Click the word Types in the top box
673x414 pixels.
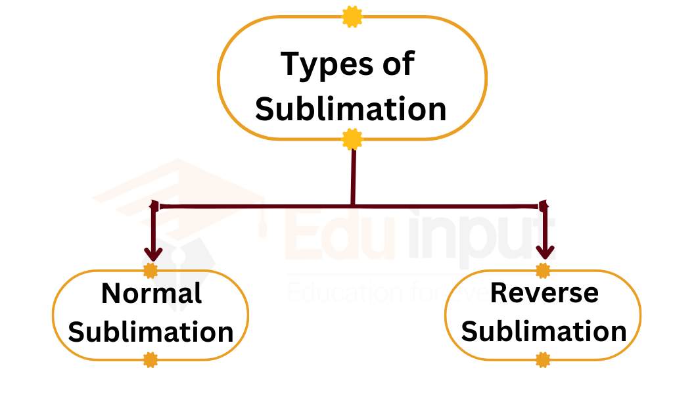[x=321, y=65]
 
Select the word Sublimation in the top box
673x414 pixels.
[x=351, y=108]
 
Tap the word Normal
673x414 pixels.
[x=151, y=294]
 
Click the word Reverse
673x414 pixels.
[x=544, y=293]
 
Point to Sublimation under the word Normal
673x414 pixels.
[x=151, y=332]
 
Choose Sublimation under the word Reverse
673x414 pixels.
[x=544, y=332]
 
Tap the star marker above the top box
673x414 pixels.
[x=352, y=16]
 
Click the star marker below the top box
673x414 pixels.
[x=353, y=139]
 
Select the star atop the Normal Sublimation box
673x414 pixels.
[x=151, y=270]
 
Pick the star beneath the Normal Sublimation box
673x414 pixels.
[x=151, y=359]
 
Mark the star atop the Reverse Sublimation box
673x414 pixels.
[x=543, y=270]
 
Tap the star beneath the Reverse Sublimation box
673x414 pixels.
[x=543, y=359]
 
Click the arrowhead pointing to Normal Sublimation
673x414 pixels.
[x=153, y=253]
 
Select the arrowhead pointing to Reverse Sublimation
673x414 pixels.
[x=545, y=252]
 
